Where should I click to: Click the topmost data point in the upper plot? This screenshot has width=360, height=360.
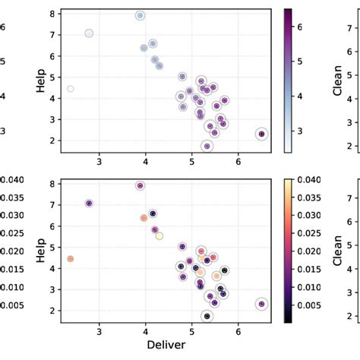(141, 15)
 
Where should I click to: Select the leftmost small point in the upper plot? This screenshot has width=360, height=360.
(71, 89)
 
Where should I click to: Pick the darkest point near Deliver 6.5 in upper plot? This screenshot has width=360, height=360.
(261, 134)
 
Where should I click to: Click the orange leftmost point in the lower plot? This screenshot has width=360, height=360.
(70, 259)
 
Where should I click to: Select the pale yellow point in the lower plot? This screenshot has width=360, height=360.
(159, 236)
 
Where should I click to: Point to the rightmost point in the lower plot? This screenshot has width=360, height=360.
(261, 304)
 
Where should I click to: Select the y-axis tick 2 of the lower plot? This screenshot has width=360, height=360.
(54, 311)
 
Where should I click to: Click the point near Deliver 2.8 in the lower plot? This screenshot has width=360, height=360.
(89, 204)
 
